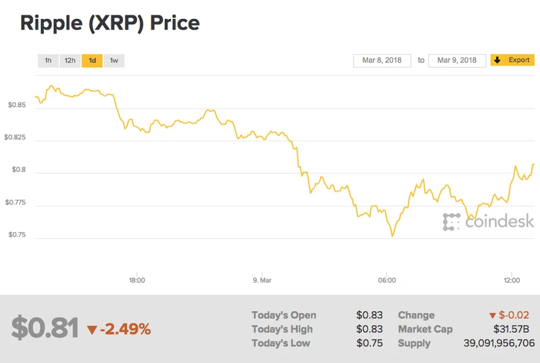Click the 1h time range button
coord(48,61)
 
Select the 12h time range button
coord(70,61)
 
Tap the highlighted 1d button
coord(92,61)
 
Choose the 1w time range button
coord(114,61)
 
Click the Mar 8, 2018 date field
coord(382,61)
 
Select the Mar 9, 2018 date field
coord(457,61)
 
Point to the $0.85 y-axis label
coord(17,105)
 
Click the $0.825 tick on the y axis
coord(15,138)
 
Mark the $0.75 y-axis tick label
coord(17,235)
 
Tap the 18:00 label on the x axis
coord(137,280)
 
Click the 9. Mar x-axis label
coord(262,280)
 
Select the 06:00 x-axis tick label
coord(387,280)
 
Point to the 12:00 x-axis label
coord(512,280)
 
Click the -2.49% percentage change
coord(125,329)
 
